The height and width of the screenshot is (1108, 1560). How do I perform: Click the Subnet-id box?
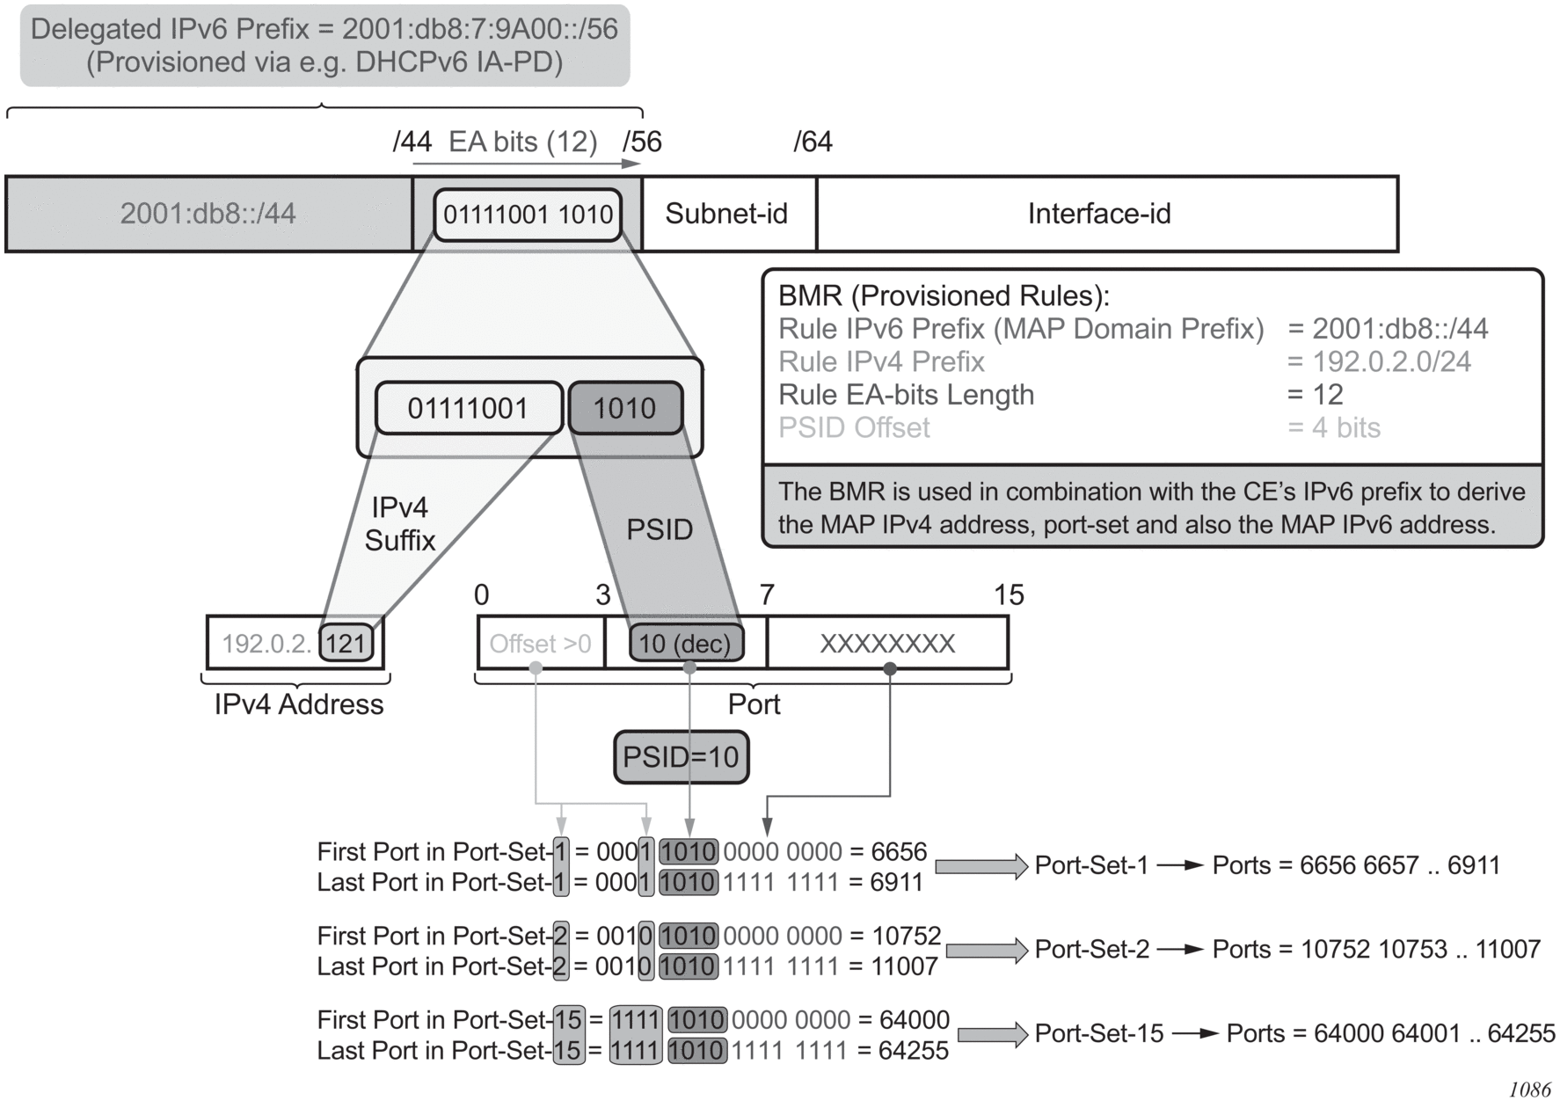[x=726, y=214]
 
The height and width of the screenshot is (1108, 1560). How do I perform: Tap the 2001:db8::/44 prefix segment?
[x=208, y=214]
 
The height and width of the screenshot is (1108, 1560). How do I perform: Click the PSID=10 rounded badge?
[x=681, y=757]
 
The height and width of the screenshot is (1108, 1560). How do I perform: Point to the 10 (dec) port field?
[x=685, y=644]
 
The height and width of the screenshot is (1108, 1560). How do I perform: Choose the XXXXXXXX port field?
[x=886, y=644]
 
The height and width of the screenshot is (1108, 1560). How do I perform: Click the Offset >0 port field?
[x=540, y=644]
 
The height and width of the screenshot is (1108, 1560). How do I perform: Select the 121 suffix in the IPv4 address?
[x=346, y=644]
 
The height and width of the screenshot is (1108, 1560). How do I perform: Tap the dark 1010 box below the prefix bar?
[x=624, y=408]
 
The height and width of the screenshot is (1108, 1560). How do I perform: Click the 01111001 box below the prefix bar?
[x=468, y=408]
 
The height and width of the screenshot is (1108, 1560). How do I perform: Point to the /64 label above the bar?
[x=813, y=142]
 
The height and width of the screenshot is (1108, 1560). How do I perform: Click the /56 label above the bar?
[x=642, y=142]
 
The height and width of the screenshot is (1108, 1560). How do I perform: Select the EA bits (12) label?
[x=522, y=142]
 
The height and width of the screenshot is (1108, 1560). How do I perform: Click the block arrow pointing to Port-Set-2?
[x=987, y=951]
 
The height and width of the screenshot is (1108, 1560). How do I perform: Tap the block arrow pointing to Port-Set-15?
[x=993, y=1034]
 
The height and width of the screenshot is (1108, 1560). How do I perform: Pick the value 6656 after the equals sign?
[x=899, y=851]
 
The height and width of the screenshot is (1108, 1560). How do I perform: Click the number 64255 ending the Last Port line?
[x=914, y=1051]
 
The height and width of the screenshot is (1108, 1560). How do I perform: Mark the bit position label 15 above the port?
[x=1009, y=595]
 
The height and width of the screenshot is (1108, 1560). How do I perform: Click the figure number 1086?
[x=1530, y=1090]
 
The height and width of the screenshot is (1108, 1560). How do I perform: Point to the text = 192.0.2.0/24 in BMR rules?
[x=1379, y=361]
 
